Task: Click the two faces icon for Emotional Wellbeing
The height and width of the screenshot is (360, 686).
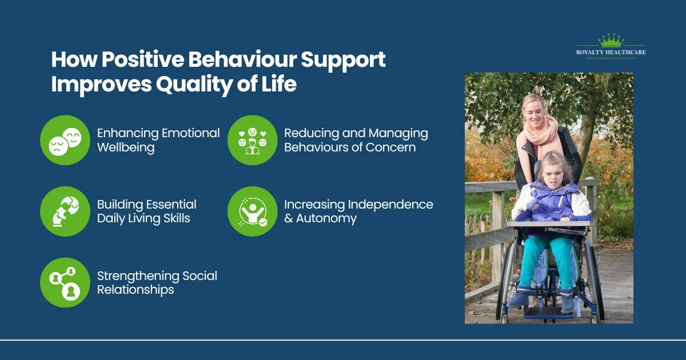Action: (65, 141)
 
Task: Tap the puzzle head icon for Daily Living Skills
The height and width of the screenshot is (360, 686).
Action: (65, 211)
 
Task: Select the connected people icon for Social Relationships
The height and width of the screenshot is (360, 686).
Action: (65, 283)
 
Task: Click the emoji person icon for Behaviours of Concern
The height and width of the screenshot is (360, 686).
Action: (252, 141)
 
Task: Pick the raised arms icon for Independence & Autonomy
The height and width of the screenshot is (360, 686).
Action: (252, 211)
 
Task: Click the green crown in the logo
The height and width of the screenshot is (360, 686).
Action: (611, 40)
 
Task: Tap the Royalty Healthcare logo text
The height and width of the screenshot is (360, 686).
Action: (611, 53)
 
